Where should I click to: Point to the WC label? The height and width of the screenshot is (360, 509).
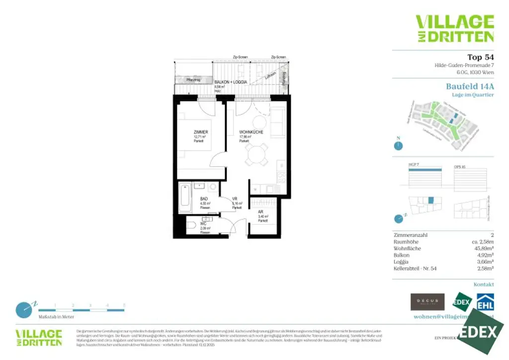pos(203,224)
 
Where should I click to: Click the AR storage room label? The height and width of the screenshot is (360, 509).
pos(260,212)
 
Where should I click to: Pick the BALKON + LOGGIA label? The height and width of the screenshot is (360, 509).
pos(231,81)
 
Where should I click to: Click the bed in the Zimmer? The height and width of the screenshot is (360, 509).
pos(196,134)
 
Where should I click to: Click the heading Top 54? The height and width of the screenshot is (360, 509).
pos(480,57)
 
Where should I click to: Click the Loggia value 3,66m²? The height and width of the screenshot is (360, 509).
pos(484,261)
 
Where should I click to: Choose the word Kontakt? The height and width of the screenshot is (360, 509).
pos(484,284)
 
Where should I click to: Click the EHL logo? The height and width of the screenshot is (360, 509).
pos(485,303)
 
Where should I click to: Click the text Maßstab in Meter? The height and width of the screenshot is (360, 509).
pos(56,316)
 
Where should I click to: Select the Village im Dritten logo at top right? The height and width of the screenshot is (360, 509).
pos(454,29)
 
